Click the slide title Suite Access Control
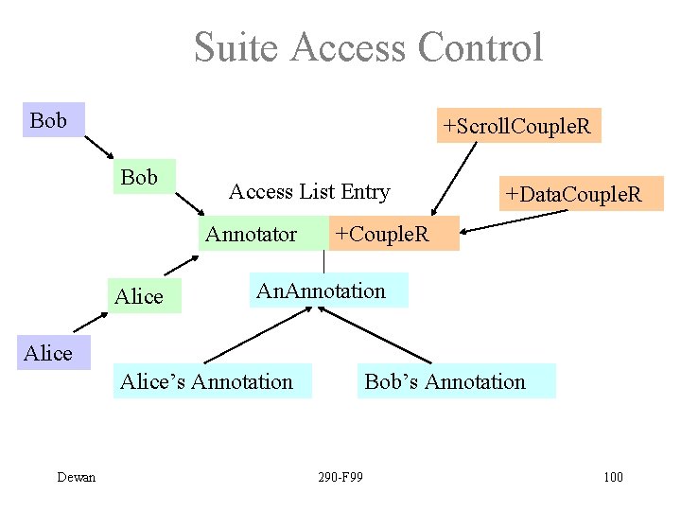[368, 47]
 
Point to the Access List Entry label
[309, 192]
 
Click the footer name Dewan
[76, 477]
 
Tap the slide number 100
[613, 477]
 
